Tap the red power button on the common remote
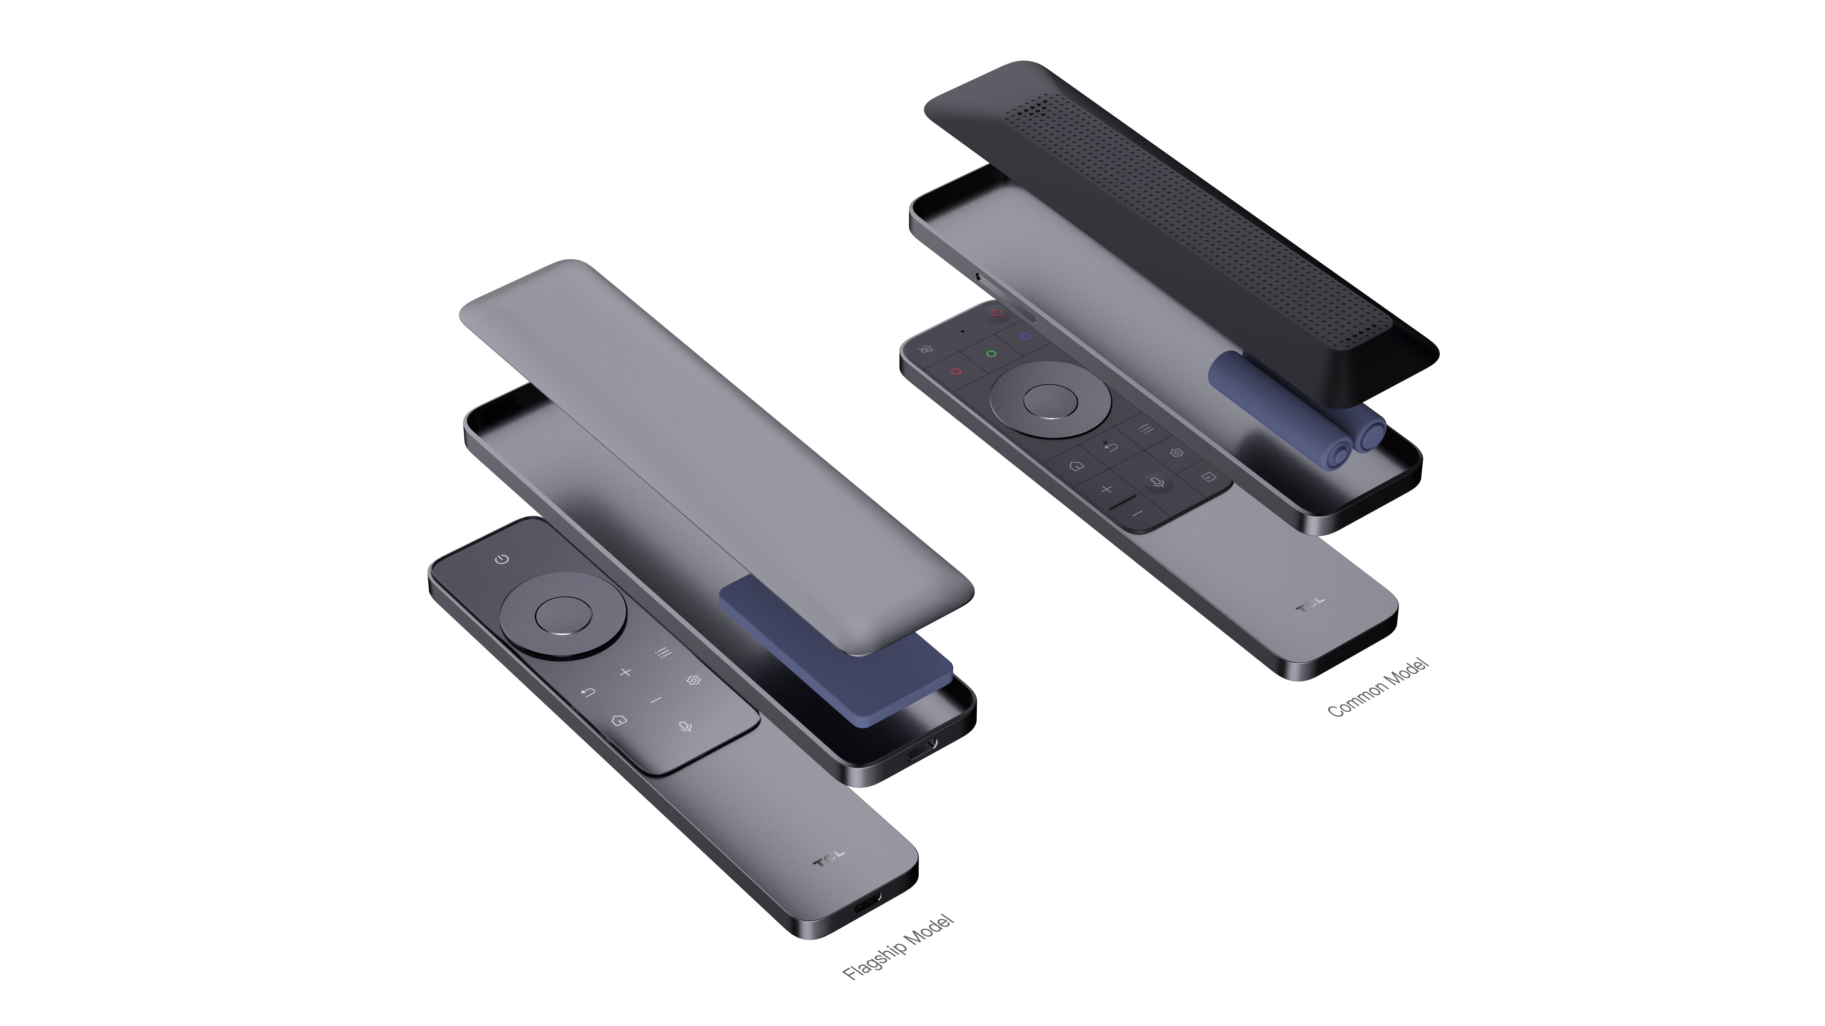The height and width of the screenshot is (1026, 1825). click(997, 312)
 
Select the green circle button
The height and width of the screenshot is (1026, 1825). click(991, 353)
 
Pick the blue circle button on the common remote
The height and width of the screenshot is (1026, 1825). click(1024, 336)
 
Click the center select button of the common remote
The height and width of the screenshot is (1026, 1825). click(1050, 401)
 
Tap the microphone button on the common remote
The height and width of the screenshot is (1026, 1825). click(1157, 483)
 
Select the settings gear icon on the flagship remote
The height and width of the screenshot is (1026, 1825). click(693, 680)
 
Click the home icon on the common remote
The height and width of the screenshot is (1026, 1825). click(1076, 466)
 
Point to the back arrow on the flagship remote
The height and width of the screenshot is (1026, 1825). click(587, 692)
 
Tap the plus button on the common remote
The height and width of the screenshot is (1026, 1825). click(1106, 488)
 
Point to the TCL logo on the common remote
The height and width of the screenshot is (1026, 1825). click(1310, 604)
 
